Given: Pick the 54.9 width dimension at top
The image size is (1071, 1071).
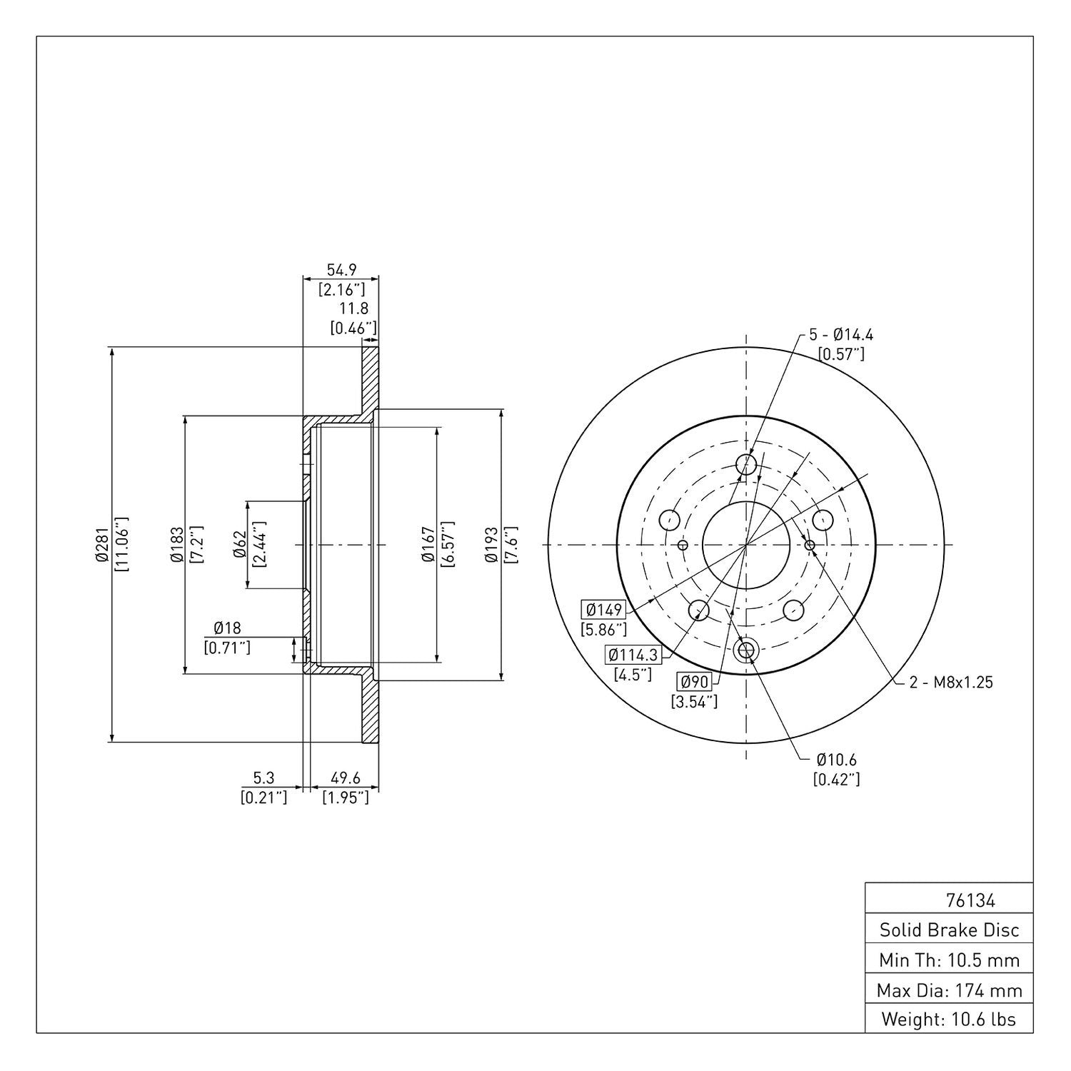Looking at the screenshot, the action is (x=341, y=270).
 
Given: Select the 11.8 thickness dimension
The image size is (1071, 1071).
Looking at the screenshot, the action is (x=353, y=308).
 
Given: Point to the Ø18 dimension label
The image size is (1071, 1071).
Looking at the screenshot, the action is (x=227, y=628).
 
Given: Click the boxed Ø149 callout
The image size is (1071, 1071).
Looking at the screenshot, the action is (x=604, y=610).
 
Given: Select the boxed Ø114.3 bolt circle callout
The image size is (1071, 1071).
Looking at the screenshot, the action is (x=633, y=654).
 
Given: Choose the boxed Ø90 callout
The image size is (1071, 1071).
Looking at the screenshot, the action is (x=694, y=682).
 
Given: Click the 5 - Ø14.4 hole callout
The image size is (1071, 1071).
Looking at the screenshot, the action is (x=841, y=334).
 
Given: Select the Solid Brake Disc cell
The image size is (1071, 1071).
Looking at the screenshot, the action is (x=949, y=930).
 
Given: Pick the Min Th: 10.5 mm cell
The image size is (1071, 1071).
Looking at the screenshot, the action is (x=949, y=960).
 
